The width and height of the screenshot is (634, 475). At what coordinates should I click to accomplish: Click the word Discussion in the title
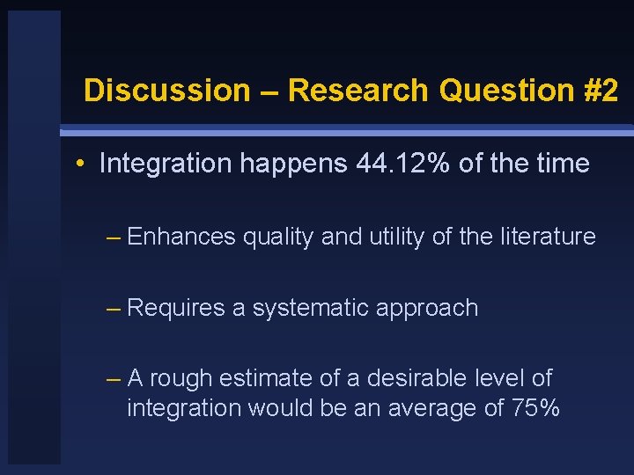click(x=166, y=91)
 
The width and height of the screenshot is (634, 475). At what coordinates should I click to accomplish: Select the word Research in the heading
click(x=358, y=91)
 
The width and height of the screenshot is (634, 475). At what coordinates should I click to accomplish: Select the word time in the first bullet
click(x=560, y=164)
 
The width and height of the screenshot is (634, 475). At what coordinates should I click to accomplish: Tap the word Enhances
click(x=181, y=237)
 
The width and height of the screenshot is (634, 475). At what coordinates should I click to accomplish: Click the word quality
click(x=276, y=237)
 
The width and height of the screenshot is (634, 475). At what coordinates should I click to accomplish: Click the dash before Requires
click(x=113, y=308)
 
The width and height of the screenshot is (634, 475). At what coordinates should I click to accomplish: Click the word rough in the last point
click(x=181, y=379)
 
